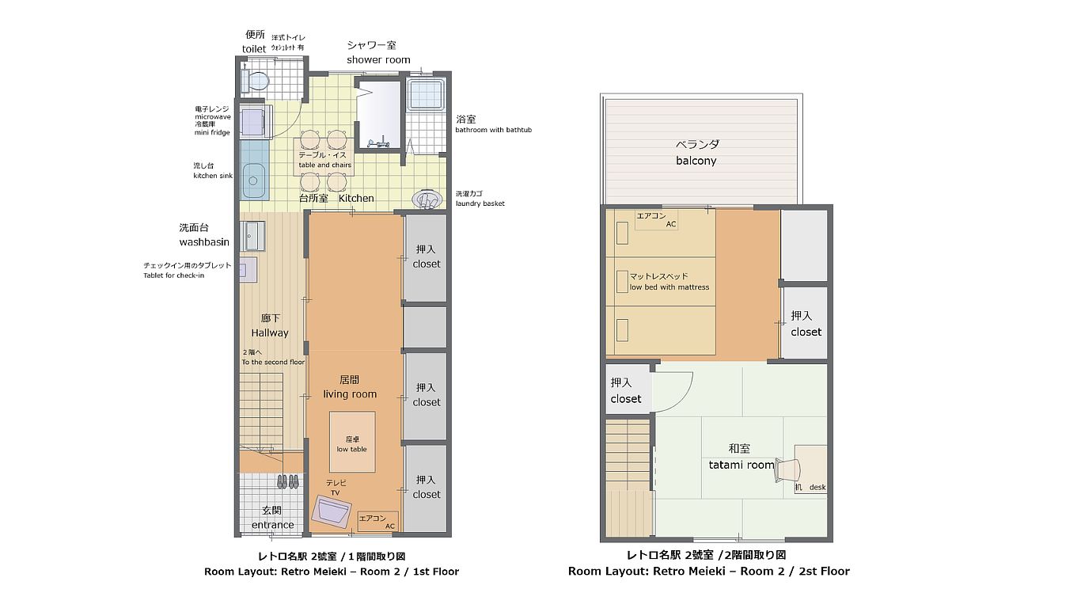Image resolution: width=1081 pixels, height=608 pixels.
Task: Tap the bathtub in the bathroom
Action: point(425,95)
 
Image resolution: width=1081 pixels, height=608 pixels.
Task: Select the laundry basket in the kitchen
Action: point(427,199)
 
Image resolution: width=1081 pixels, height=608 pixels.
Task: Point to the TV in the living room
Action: point(331,511)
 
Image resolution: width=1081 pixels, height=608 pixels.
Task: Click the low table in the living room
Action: point(352,442)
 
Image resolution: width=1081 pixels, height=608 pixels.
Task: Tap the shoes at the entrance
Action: point(287,481)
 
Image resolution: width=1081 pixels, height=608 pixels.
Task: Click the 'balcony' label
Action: point(696,161)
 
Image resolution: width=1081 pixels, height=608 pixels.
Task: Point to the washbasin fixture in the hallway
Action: point(253,236)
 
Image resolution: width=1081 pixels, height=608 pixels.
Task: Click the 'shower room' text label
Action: point(378,60)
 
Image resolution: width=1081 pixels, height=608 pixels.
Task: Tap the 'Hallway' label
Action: point(270,332)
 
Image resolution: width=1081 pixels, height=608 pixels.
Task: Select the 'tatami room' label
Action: point(742,465)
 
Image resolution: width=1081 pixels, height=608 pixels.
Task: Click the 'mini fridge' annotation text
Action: point(212,132)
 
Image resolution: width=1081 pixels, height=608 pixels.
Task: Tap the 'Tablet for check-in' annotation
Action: point(174,275)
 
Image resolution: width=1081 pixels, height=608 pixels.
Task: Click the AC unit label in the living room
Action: point(377,522)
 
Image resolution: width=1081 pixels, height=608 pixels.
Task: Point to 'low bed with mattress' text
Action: point(669,287)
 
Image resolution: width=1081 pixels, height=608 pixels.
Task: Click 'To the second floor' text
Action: point(273,362)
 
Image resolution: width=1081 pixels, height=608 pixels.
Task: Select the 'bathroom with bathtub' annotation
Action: point(493,130)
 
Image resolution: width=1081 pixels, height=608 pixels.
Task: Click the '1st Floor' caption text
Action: point(436,572)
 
